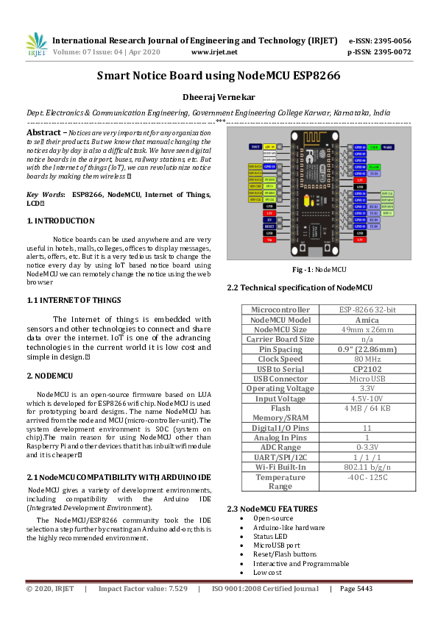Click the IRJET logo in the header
click(x=36, y=45)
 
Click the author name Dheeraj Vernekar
click(x=219, y=97)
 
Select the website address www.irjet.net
click(x=214, y=52)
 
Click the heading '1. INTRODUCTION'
click(x=60, y=221)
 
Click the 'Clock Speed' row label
click(x=280, y=339)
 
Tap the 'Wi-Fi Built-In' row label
click(x=280, y=466)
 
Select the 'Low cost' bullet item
click(x=267, y=572)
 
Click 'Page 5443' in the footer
click(x=356, y=589)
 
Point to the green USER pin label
click(x=374, y=147)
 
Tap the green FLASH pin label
click(x=375, y=167)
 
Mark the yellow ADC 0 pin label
click(x=269, y=147)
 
